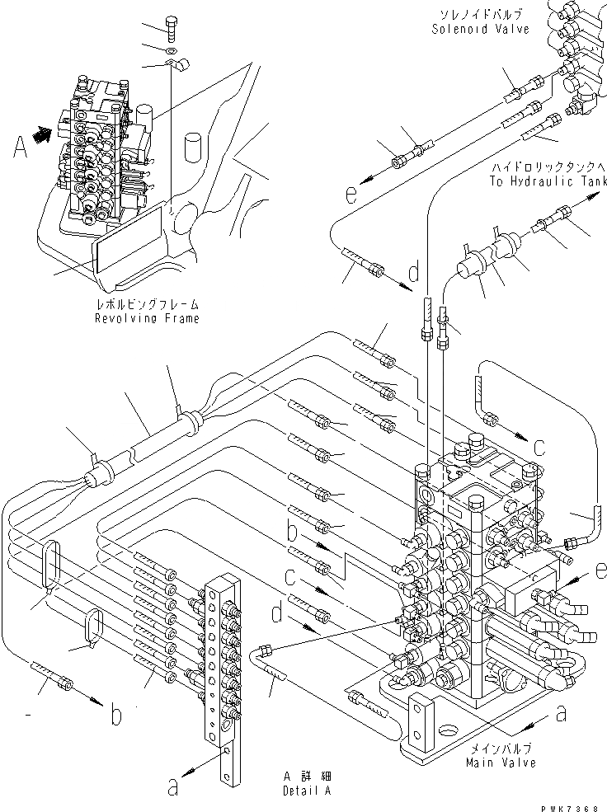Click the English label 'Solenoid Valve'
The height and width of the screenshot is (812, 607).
tap(479, 29)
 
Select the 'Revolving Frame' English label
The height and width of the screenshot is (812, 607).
tap(147, 318)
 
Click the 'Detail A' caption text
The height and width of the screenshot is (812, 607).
tap(295, 789)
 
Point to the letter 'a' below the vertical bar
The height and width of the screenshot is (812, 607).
tap(172, 788)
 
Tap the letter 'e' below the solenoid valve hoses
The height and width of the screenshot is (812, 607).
tap(351, 195)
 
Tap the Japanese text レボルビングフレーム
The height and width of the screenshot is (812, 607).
tap(147, 304)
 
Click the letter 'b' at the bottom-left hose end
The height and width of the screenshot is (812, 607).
tap(116, 715)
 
